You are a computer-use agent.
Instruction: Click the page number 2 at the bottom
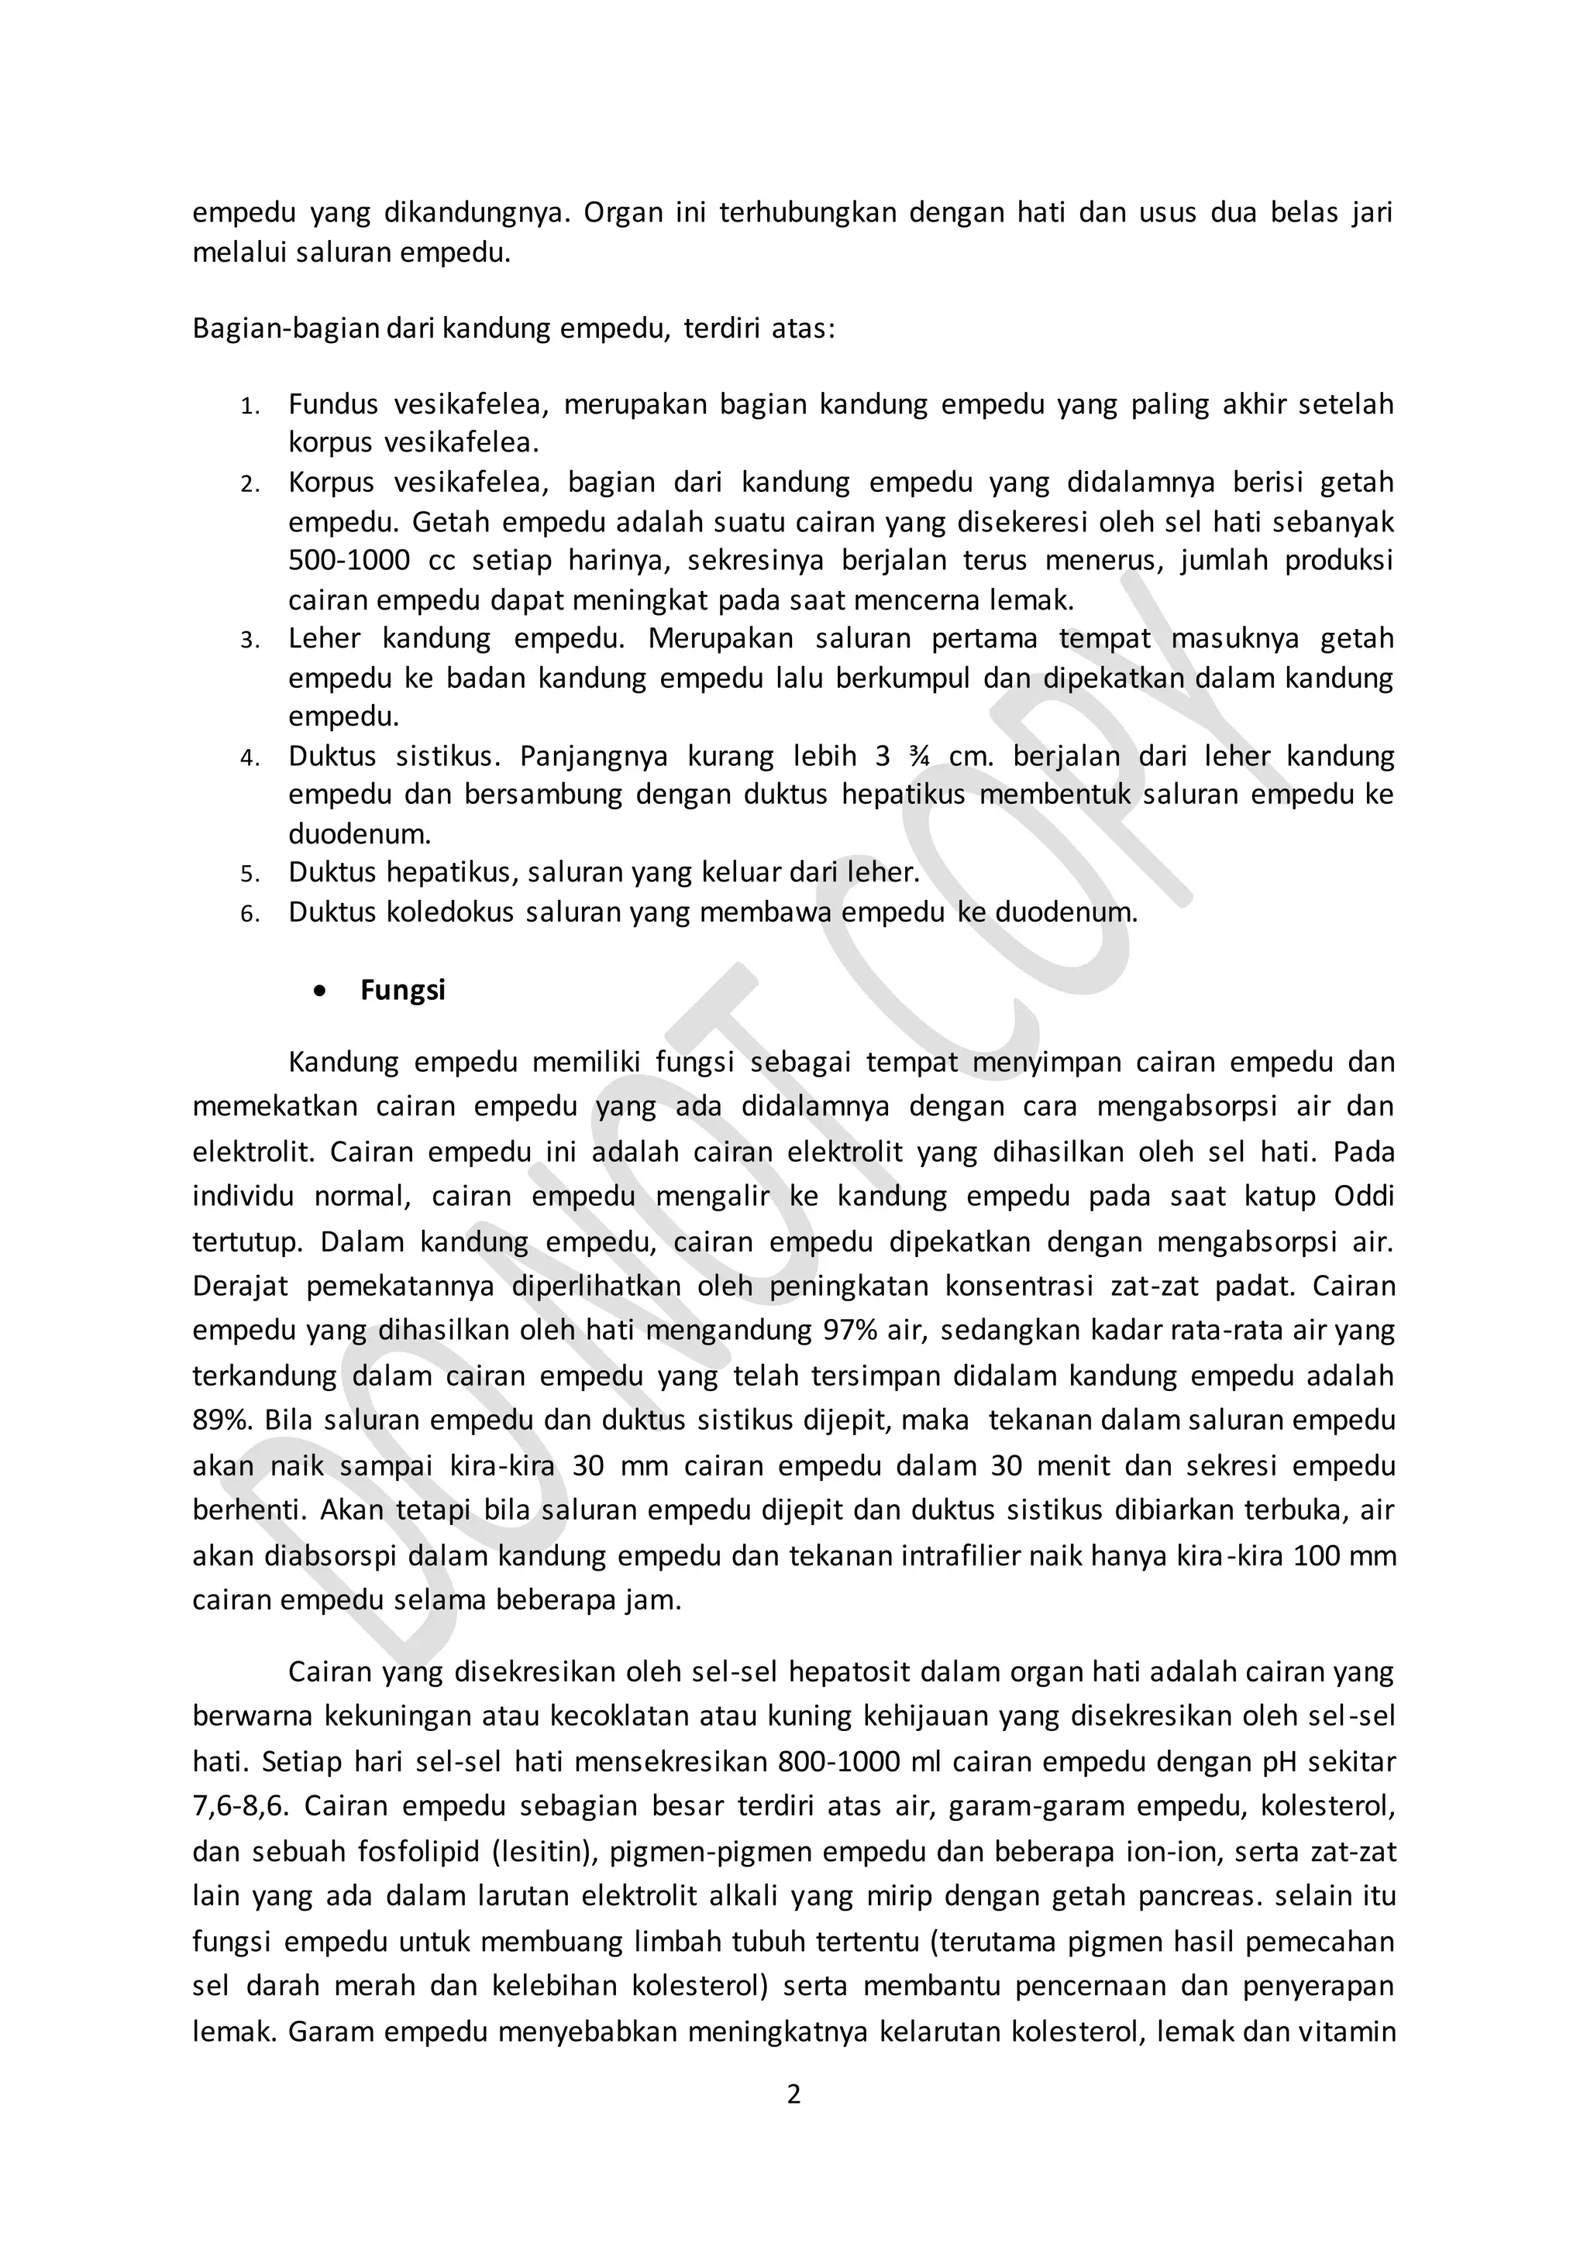[x=793, y=2094]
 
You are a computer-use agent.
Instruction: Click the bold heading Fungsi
[x=403, y=990]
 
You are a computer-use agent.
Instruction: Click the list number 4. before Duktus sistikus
[x=250, y=758]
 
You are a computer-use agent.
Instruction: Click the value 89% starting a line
[x=221, y=1420]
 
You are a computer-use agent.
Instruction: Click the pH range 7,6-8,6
[x=241, y=1805]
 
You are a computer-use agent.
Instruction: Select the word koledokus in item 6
[x=450, y=912]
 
